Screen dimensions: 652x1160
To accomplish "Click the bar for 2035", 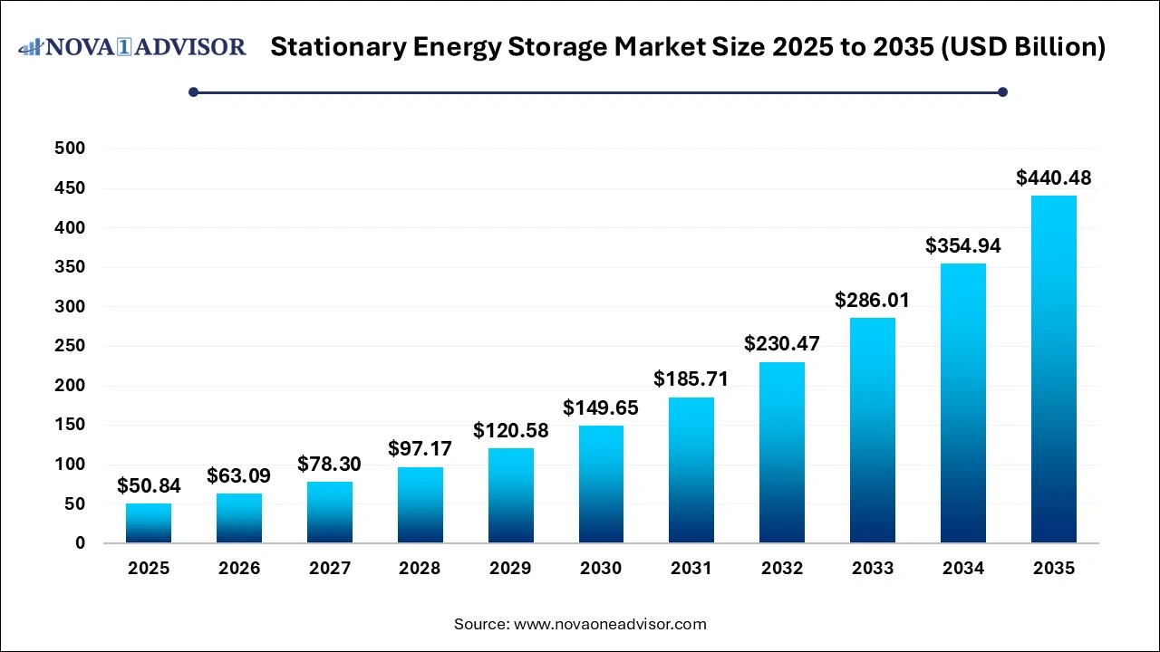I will (1054, 369).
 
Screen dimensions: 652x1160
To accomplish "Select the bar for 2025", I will (149, 523).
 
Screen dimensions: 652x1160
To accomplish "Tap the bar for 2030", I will (601, 484).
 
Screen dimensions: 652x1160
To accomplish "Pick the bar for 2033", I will (873, 430).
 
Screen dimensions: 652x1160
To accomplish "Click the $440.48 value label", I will (1054, 178).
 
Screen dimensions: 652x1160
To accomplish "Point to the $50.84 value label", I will (149, 486).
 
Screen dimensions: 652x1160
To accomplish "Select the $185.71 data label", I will (691, 379).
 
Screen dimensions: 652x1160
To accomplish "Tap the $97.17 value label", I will (420, 448).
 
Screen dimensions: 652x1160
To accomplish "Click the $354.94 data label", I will (963, 245).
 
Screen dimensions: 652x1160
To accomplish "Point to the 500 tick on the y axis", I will (69, 149).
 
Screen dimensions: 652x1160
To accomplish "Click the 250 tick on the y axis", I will (69, 346).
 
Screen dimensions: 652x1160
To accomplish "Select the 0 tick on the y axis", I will (81, 543).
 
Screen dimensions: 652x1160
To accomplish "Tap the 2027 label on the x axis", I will (330, 569).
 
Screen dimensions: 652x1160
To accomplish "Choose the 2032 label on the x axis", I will (782, 569).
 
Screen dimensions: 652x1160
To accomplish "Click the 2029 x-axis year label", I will (510, 569).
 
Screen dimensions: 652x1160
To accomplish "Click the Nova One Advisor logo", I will (132, 47).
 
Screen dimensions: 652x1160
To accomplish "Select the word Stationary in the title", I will (333, 47).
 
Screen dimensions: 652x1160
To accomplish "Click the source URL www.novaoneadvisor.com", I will (610, 624).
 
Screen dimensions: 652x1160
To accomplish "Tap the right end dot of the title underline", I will (1002, 91).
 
